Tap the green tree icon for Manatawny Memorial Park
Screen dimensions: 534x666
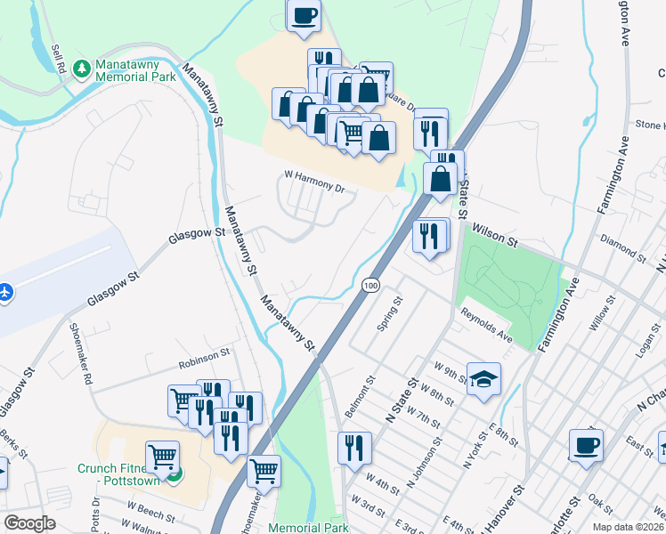[x=82, y=68]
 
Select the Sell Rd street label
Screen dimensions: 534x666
[x=60, y=60]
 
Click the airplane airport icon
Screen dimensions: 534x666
[x=6, y=292]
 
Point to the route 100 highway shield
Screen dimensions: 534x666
[x=370, y=286]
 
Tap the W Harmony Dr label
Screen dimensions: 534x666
[x=313, y=181]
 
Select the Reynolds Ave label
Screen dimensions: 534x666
[x=486, y=324]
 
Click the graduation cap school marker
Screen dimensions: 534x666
[x=483, y=378]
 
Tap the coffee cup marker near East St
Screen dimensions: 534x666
[x=586, y=445]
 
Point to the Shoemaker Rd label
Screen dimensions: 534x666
[x=81, y=352]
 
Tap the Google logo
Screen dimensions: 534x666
[x=29, y=523]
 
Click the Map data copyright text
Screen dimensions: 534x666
[x=626, y=526]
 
